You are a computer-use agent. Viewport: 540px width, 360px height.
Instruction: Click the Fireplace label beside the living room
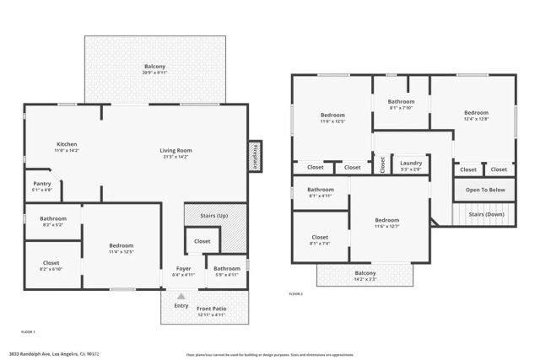pyautogui.click(x=254, y=157)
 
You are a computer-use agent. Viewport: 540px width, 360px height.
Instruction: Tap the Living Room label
pyautogui.click(x=176, y=153)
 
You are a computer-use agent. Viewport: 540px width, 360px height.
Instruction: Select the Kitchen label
pyautogui.click(x=67, y=147)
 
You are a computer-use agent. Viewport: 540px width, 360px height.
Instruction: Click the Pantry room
pyautogui.click(x=42, y=185)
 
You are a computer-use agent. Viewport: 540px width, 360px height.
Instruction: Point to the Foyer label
pyautogui.click(x=183, y=271)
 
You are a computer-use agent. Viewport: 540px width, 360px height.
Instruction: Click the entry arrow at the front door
pyautogui.click(x=181, y=295)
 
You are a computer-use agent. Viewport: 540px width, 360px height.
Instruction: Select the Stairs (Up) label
pyautogui.click(x=215, y=216)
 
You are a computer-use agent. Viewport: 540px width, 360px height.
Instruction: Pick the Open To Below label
pyautogui.click(x=485, y=190)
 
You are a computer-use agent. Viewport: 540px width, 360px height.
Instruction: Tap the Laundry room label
pyautogui.click(x=411, y=165)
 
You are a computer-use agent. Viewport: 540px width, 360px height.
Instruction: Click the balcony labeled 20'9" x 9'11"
pyautogui.click(x=154, y=69)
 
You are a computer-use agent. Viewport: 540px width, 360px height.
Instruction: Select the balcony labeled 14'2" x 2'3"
pyautogui.click(x=365, y=275)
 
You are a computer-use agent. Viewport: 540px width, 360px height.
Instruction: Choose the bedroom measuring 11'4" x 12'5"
pyautogui.click(x=121, y=248)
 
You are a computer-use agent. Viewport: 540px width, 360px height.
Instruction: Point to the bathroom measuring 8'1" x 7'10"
pyautogui.click(x=401, y=104)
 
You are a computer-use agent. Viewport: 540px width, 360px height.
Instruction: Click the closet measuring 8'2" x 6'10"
pyautogui.click(x=51, y=266)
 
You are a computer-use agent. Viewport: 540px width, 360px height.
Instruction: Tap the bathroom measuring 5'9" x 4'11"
pyautogui.click(x=227, y=271)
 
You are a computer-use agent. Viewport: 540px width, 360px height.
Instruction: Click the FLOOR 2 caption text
pyautogui.click(x=295, y=293)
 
